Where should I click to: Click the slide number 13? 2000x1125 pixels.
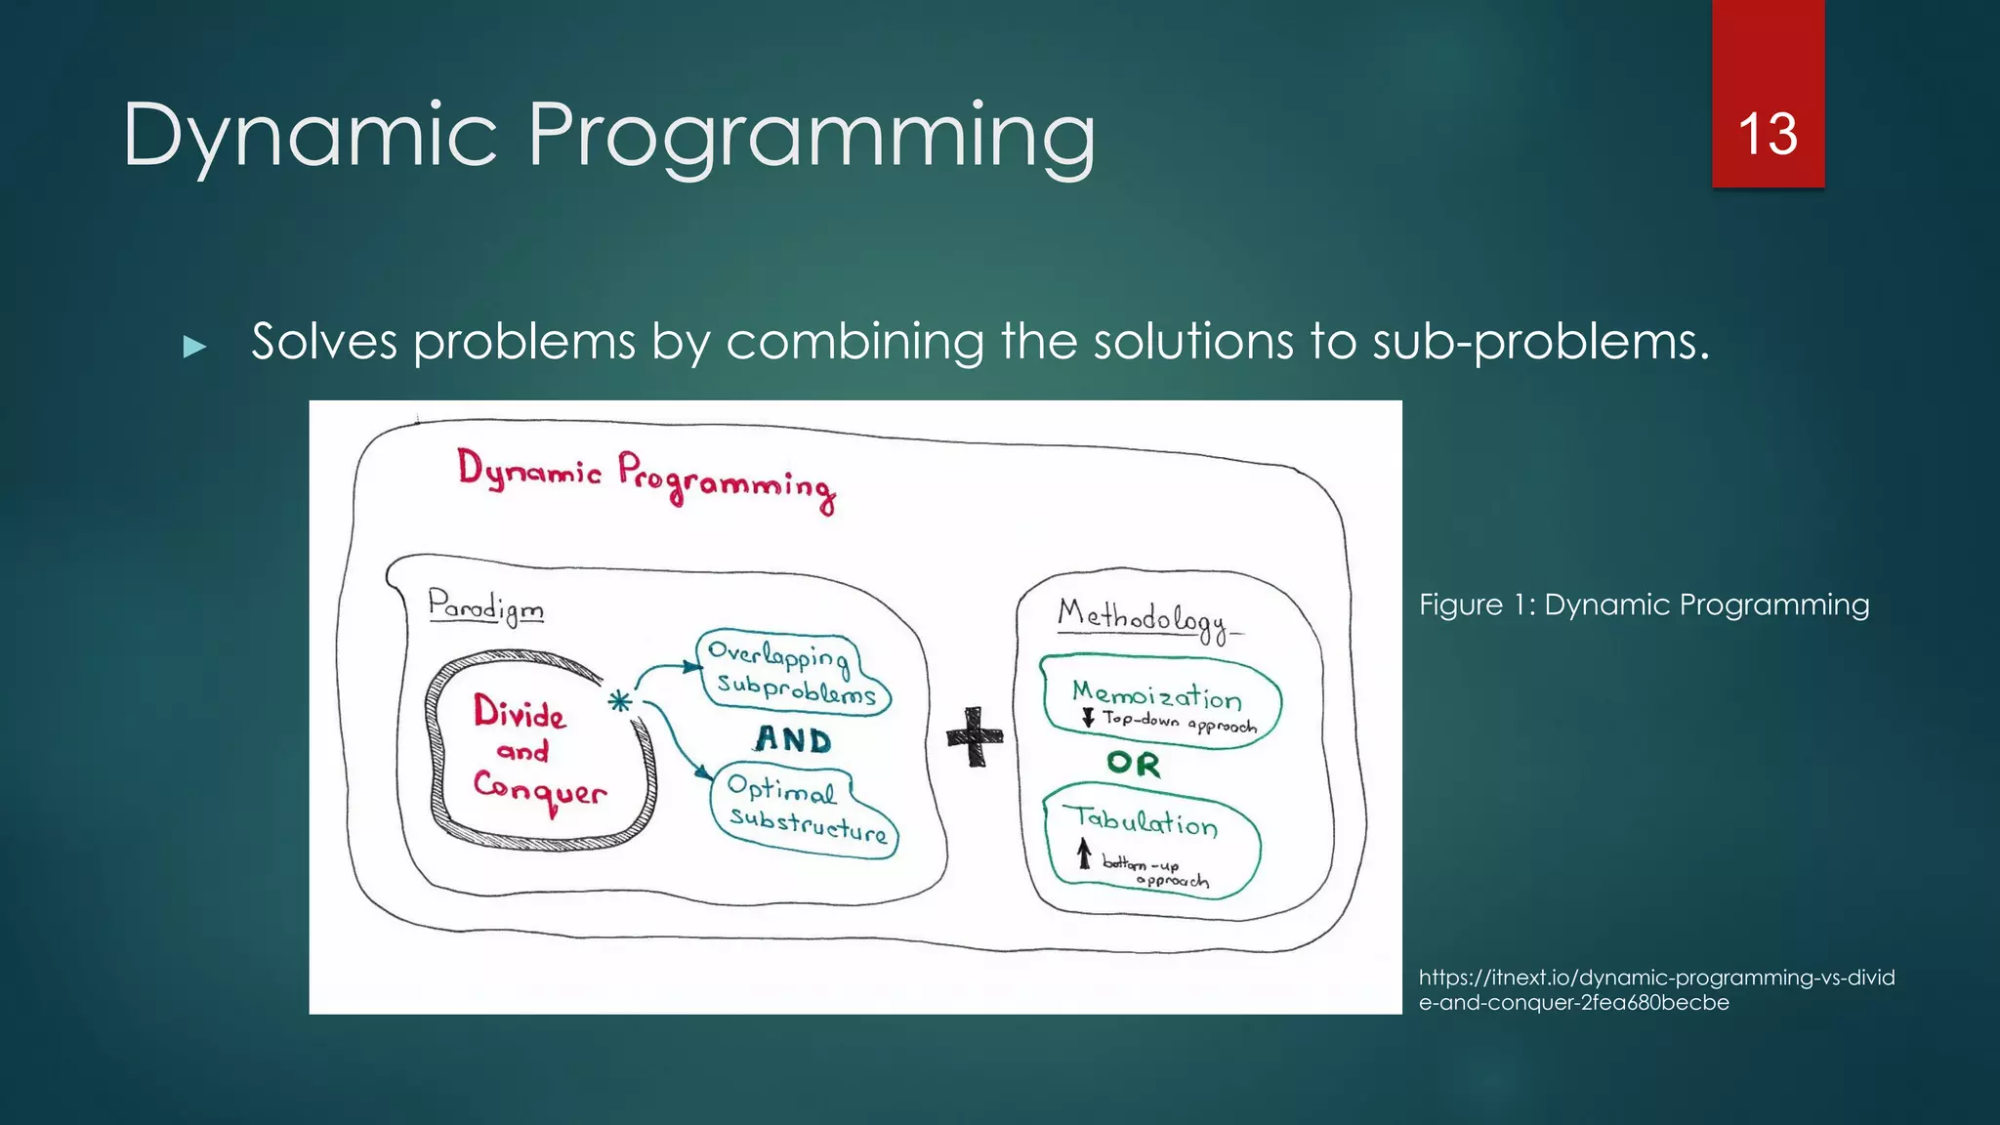click(x=1767, y=134)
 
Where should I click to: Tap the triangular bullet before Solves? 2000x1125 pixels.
click(x=194, y=346)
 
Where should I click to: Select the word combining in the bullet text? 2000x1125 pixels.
click(x=854, y=342)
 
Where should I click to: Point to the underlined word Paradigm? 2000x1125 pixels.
click(x=485, y=606)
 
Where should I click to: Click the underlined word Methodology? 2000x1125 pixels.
click(x=1144, y=619)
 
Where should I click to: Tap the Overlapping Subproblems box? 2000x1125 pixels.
click(x=794, y=672)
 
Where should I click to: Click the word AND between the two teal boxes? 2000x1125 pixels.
click(x=793, y=739)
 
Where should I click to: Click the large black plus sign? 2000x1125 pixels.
click(x=975, y=736)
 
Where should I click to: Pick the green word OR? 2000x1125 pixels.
click(x=1133, y=763)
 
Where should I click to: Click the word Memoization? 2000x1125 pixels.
click(x=1156, y=694)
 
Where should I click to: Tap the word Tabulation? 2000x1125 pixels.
click(x=1141, y=820)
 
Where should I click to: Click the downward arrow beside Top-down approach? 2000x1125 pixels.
click(x=1088, y=718)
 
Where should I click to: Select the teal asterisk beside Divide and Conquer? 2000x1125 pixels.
click(x=619, y=701)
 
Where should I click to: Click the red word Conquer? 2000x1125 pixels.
click(x=540, y=788)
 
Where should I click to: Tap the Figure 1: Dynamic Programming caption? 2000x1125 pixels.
click(x=1644, y=604)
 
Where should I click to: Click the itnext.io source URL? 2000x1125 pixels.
click(x=1655, y=989)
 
